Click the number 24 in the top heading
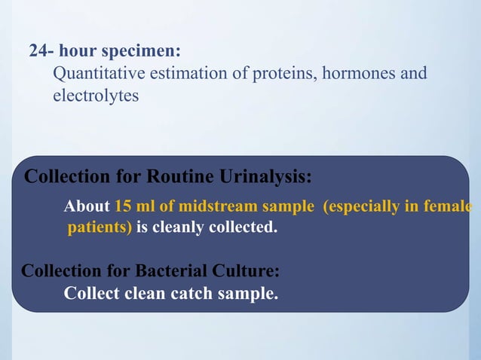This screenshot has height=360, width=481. point(38,52)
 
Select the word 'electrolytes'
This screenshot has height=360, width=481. point(96,96)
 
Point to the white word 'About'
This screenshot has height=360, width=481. point(87,206)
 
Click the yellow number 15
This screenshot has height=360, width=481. point(123,206)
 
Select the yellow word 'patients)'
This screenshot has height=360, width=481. point(100,227)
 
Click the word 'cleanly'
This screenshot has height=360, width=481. point(179,227)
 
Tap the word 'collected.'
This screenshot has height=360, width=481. point(242,227)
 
